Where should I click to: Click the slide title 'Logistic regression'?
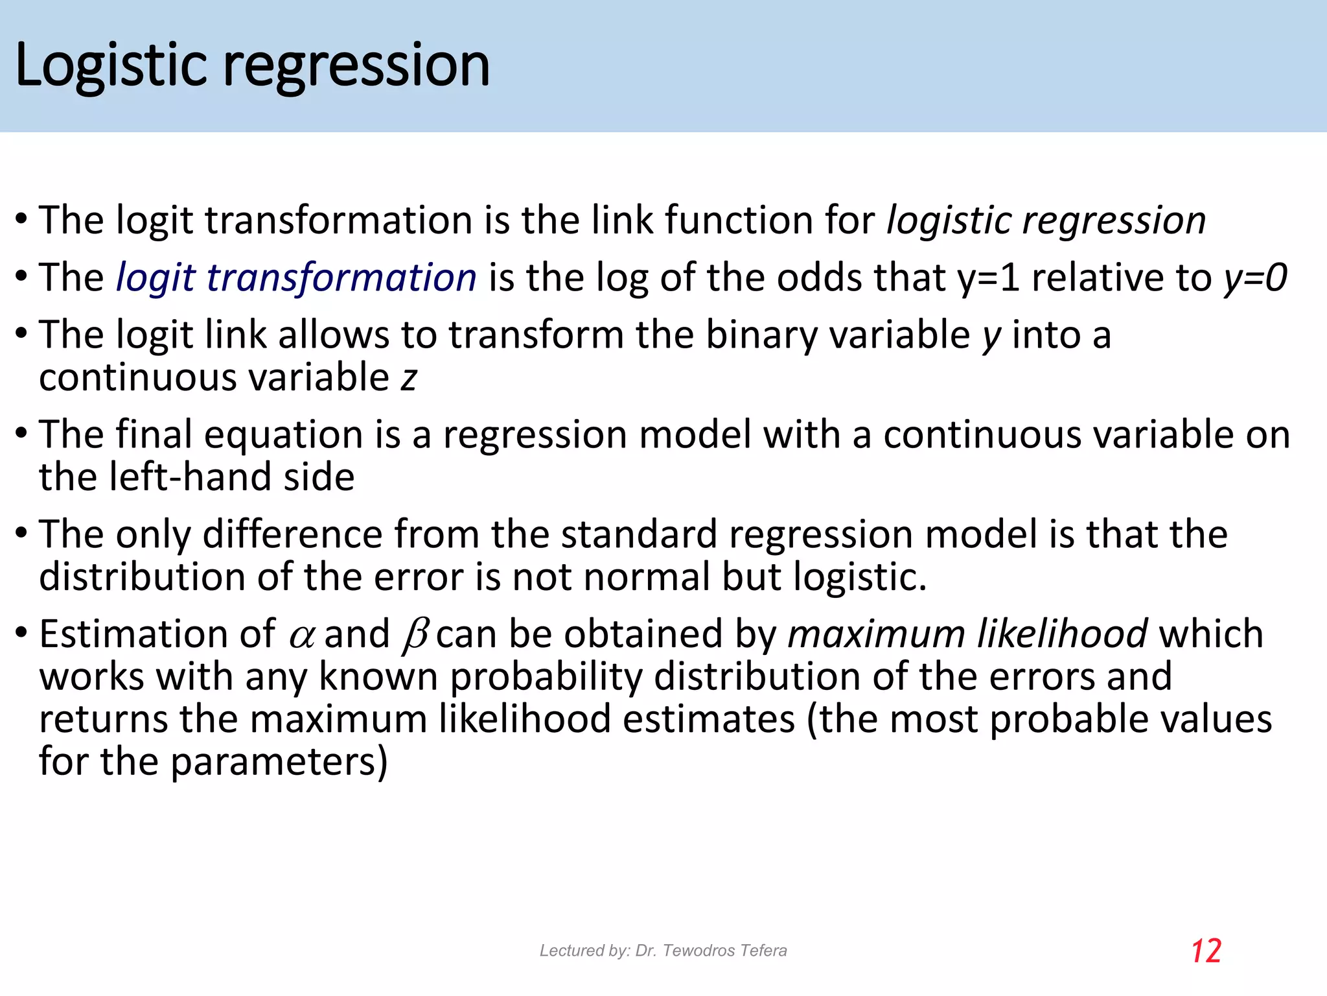(x=252, y=66)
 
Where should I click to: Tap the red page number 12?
(x=1206, y=951)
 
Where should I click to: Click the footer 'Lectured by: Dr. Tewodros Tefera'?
(x=663, y=951)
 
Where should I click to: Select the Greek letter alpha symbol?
(x=301, y=635)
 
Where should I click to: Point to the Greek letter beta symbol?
(x=415, y=635)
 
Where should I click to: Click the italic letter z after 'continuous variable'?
(x=408, y=378)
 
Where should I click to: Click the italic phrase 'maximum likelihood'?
(x=967, y=634)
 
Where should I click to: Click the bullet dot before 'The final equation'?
(x=21, y=433)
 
